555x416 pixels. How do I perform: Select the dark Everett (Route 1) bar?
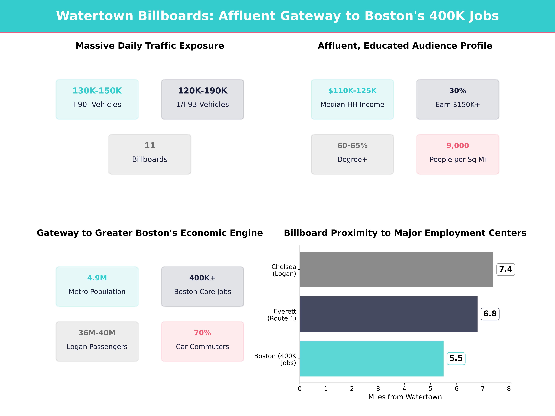388,314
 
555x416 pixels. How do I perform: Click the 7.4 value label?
506,269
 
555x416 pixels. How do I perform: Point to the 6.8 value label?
490,314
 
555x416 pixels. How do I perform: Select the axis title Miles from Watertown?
405,397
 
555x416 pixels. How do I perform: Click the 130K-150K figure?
97,91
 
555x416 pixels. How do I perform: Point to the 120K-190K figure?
202,91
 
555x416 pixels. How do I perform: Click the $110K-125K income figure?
352,91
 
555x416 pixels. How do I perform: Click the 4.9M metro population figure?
97,278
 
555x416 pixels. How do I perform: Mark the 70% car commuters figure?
202,333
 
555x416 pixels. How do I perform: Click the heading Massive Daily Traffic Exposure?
150,46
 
